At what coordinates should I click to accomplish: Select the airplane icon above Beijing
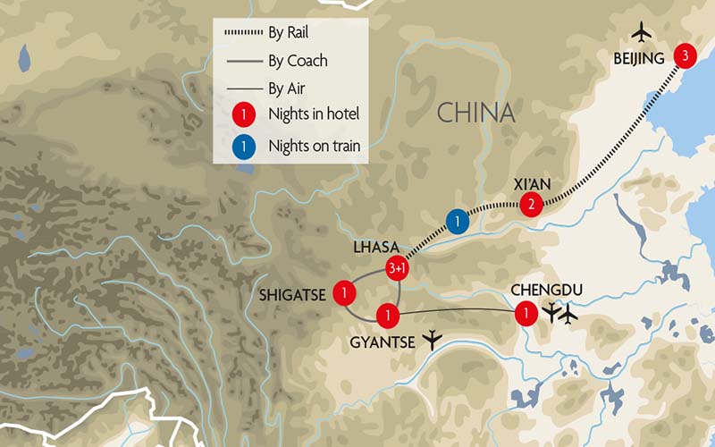click(641, 32)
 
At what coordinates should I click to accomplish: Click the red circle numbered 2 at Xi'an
click(532, 205)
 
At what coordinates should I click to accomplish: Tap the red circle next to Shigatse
click(343, 292)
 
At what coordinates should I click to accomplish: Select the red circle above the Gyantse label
click(388, 315)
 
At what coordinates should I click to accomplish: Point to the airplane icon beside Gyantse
click(434, 339)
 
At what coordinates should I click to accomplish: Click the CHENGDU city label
click(546, 291)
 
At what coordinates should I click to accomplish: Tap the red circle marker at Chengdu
click(527, 313)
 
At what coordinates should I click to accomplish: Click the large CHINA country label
click(475, 113)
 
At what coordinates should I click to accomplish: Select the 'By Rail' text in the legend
click(289, 33)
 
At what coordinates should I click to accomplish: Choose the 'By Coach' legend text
click(298, 61)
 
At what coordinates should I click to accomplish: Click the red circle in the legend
click(240, 115)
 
